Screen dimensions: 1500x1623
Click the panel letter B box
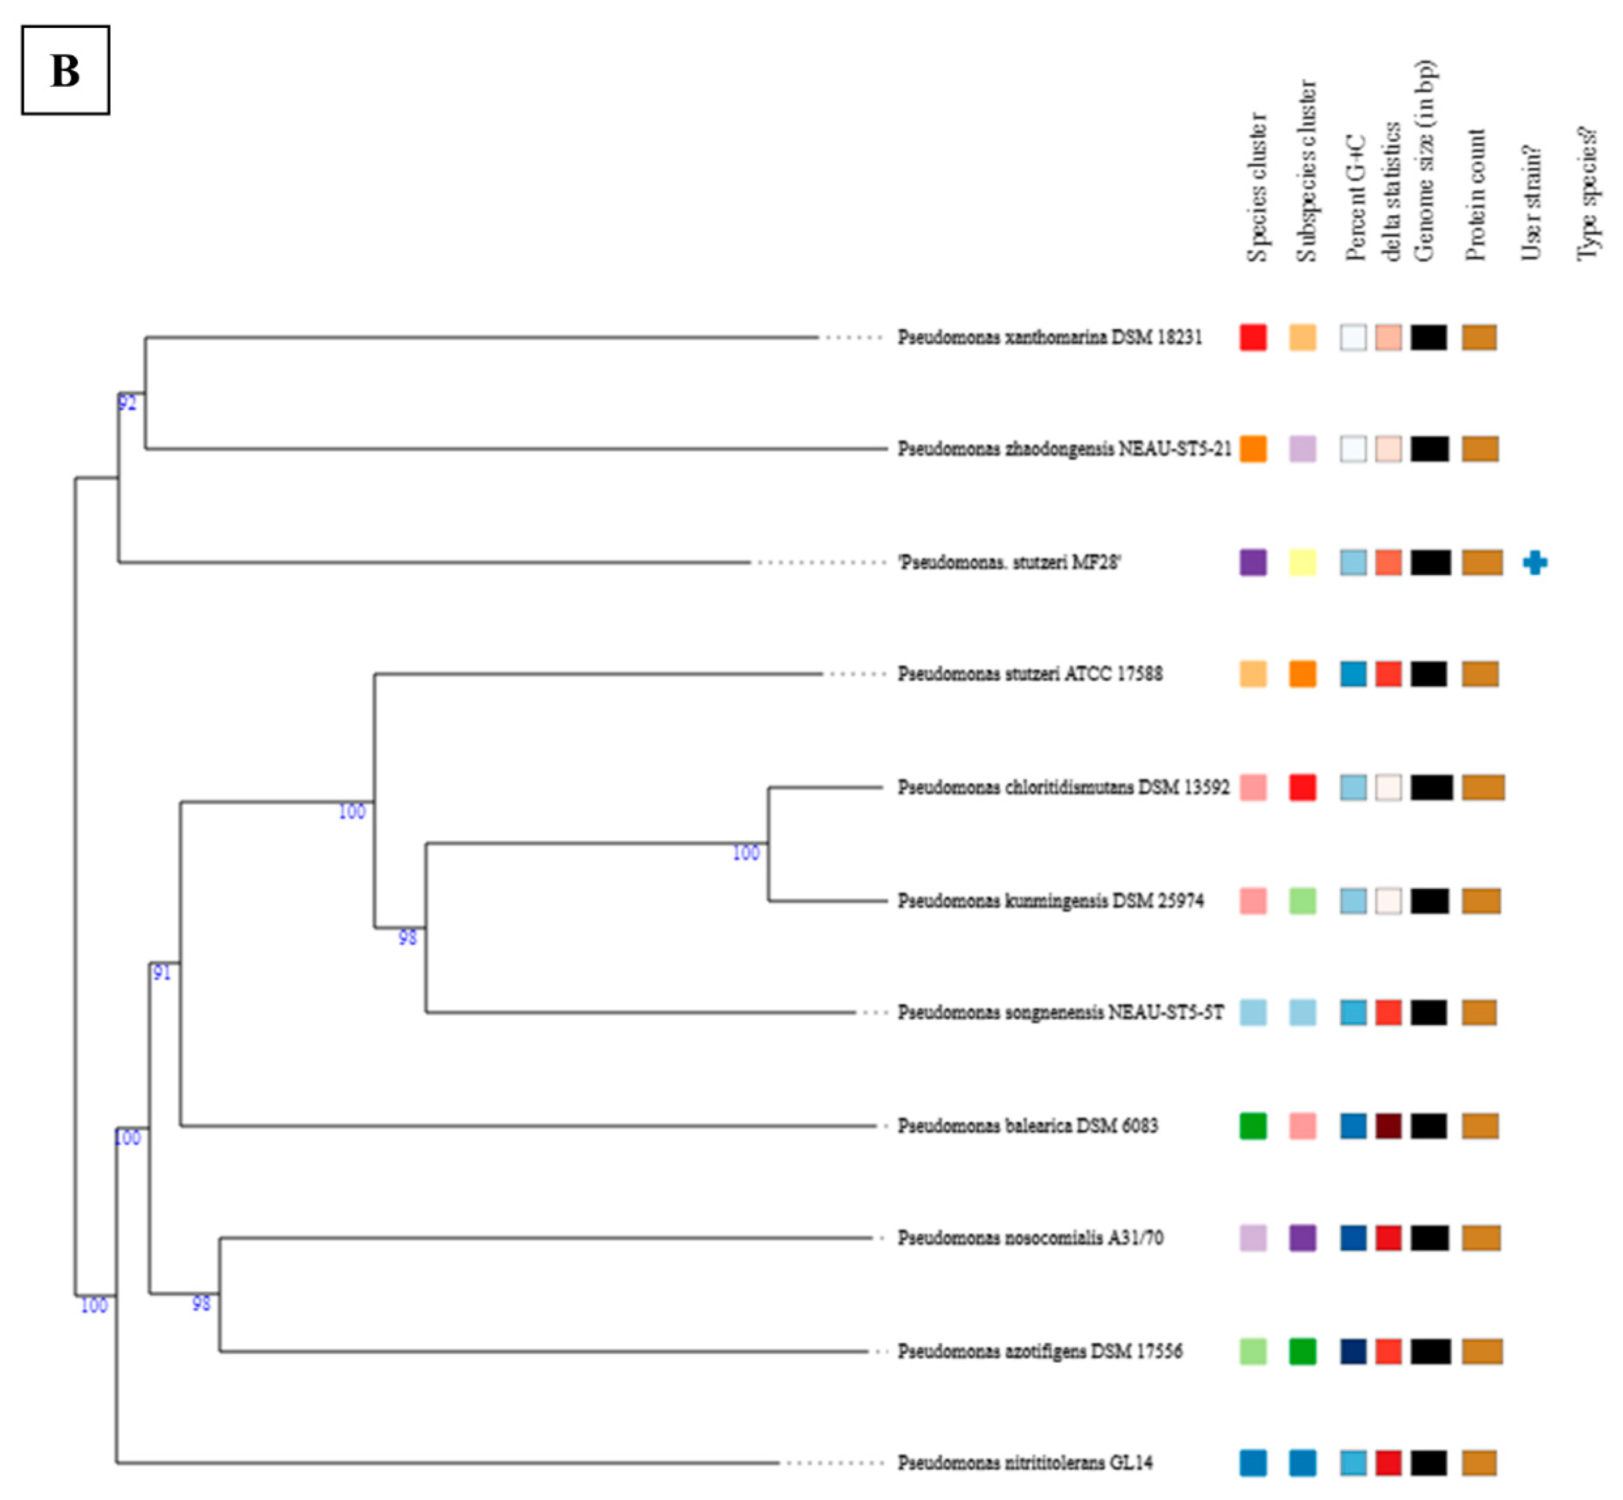[65, 70]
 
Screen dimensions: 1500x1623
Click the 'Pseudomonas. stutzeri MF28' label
[1009, 562]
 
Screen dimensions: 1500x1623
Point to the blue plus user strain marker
[1534, 562]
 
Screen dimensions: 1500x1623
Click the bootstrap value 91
[161, 972]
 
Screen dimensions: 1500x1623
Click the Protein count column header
[1475, 195]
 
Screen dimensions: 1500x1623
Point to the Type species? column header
[1587, 195]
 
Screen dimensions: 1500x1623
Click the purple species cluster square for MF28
[1253, 562]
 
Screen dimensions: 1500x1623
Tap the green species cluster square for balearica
[1253, 1126]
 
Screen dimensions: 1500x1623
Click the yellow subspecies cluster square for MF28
[1302, 562]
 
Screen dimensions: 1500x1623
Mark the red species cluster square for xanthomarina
[1253, 337]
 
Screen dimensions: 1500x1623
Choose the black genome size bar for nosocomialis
[1429, 1238]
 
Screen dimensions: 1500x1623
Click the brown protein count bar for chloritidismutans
[1483, 787]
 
